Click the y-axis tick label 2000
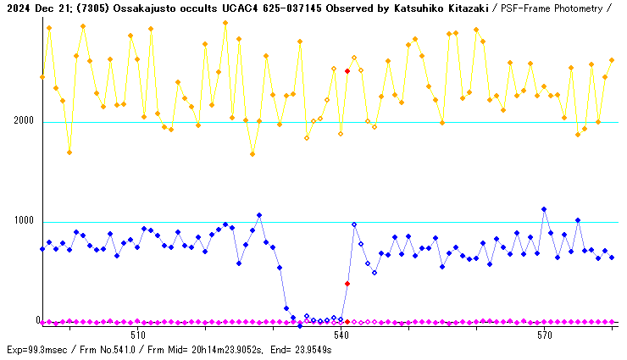click(x=24, y=121)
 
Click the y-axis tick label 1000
click(x=24, y=221)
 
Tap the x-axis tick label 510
click(x=137, y=335)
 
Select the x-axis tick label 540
click(x=341, y=335)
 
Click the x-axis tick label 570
click(x=544, y=335)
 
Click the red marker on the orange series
click(x=347, y=71)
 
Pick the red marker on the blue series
click(x=347, y=284)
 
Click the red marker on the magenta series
click(x=347, y=322)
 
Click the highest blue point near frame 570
click(x=544, y=209)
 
